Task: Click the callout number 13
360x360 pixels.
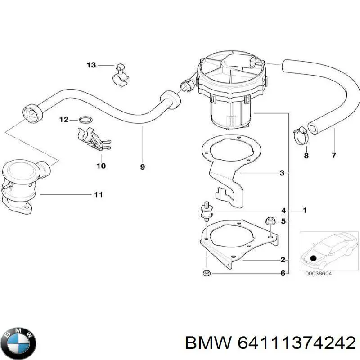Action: pyautogui.click(x=91, y=65)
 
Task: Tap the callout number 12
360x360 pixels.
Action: pyautogui.click(x=63, y=120)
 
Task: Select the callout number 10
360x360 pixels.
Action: pyautogui.click(x=101, y=166)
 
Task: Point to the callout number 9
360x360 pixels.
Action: pyautogui.click(x=142, y=167)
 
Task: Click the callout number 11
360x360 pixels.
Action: pyautogui.click(x=98, y=194)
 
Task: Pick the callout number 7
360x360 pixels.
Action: pyautogui.click(x=333, y=156)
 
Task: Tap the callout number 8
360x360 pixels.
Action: pyautogui.click(x=306, y=156)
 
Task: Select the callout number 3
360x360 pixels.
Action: pyautogui.click(x=282, y=173)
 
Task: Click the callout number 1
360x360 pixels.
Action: pyautogui.click(x=305, y=210)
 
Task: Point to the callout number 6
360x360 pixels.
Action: pyautogui.click(x=283, y=273)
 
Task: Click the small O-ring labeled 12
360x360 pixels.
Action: pyautogui.click(x=85, y=120)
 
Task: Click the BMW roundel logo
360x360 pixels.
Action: pyautogui.click(x=18, y=341)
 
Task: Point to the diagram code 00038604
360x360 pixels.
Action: pyautogui.click(x=319, y=274)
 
